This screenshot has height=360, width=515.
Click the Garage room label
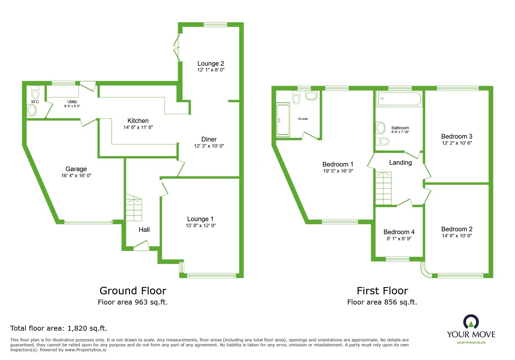click(x=76, y=169)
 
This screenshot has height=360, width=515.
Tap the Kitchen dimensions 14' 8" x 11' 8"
click(x=138, y=127)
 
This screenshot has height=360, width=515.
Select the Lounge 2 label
click(x=211, y=63)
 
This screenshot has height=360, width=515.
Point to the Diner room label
click(x=209, y=139)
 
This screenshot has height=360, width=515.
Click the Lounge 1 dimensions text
click(x=201, y=225)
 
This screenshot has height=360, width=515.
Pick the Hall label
click(x=144, y=230)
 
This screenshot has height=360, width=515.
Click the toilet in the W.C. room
click(x=35, y=92)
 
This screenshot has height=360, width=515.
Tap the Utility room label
click(x=72, y=102)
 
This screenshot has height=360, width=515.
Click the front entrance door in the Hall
click(x=141, y=245)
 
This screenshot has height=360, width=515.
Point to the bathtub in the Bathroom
click(x=399, y=99)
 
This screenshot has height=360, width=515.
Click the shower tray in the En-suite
click(x=283, y=120)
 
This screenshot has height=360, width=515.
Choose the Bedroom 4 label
click(x=399, y=232)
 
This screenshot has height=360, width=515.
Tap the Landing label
click(x=400, y=163)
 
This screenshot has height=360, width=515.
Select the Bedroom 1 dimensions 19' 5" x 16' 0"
click(x=338, y=171)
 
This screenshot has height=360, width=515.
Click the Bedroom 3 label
click(x=457, y=136)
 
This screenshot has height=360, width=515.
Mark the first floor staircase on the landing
click(x=383, y=188)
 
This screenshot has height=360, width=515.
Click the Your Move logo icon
click(x=471, y=322)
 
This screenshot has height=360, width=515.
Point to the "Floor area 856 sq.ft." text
click(x=382, y=302)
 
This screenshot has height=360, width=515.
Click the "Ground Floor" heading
click(x=133, y=291)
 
